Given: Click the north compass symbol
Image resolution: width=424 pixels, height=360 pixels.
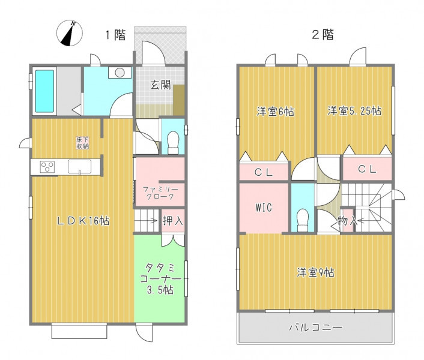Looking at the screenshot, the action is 70,33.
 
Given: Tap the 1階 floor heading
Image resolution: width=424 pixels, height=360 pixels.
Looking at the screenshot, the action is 115,35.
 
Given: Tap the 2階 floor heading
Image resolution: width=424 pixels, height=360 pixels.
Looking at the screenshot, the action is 323,35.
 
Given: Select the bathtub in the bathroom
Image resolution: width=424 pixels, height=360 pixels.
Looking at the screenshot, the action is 44,91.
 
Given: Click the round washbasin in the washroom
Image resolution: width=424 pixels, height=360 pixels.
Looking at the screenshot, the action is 120,73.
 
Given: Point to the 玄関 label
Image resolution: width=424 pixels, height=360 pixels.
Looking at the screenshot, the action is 161,85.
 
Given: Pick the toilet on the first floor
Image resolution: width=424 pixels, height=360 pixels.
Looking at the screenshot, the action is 173,142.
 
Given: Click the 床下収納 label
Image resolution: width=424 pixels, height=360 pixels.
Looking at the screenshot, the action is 82,143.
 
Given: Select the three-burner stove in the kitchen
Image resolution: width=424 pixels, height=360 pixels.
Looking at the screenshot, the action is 47,167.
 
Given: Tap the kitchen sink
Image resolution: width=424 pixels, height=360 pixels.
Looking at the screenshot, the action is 79,167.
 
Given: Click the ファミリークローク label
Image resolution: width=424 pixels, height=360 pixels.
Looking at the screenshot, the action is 160,193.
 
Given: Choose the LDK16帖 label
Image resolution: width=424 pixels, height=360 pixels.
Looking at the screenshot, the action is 83,221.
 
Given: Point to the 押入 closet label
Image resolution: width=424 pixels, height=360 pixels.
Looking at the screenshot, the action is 173,221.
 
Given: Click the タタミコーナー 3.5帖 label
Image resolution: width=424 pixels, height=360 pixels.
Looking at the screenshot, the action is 160,279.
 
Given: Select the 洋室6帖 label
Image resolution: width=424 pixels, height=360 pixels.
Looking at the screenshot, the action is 276,111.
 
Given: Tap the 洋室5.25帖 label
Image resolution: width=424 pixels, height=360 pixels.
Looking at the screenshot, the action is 354,111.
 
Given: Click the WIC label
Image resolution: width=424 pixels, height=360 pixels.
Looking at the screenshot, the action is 264,208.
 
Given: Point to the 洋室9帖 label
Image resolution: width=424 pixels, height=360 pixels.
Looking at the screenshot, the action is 315,272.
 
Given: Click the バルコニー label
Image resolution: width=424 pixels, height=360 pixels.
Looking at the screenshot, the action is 316,328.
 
